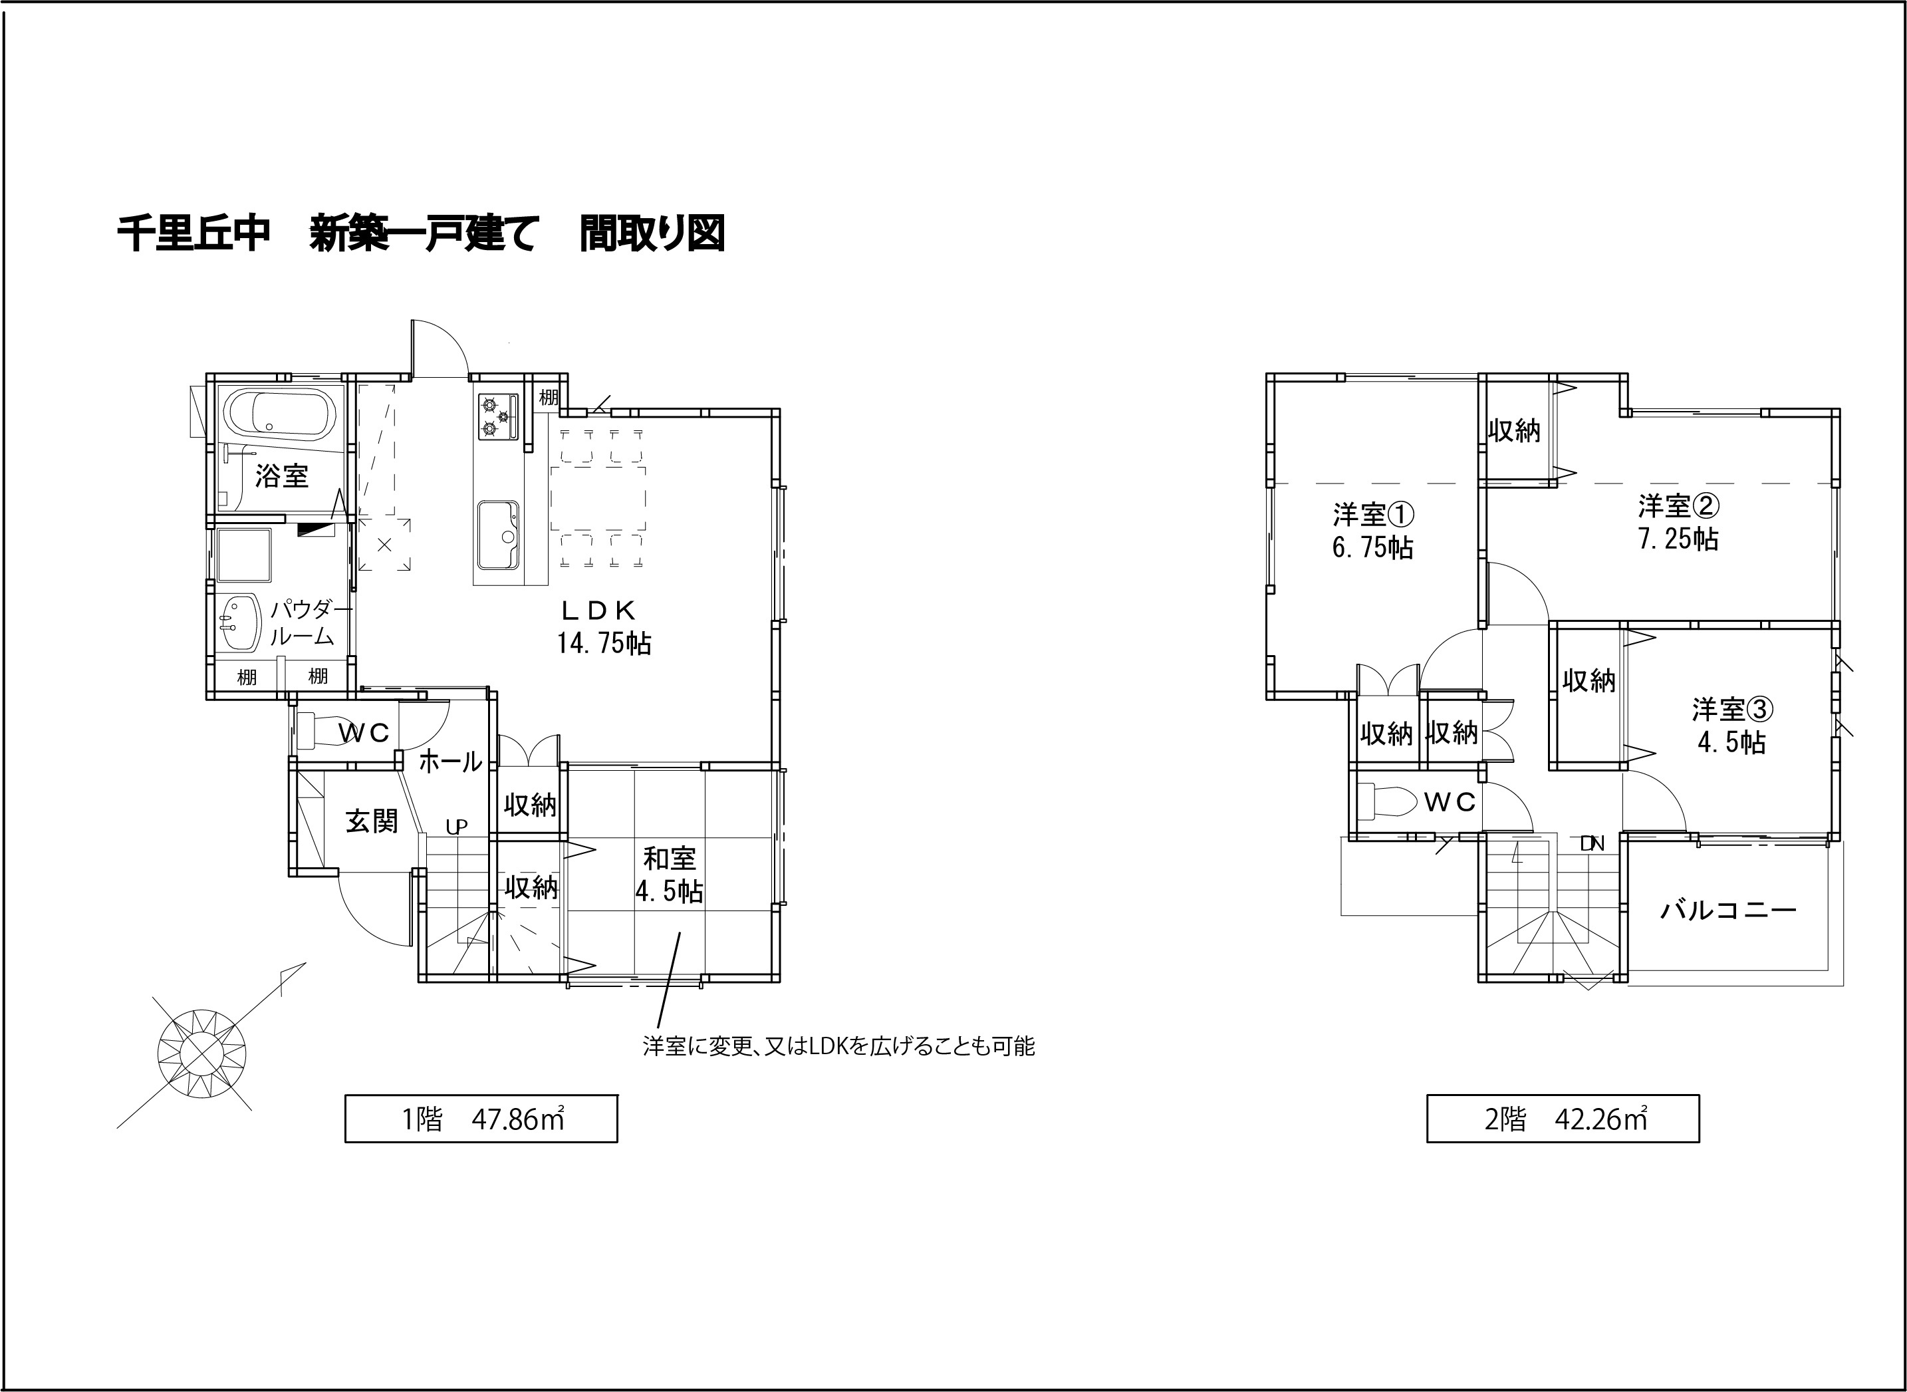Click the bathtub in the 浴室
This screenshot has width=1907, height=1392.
[x=281, y=414]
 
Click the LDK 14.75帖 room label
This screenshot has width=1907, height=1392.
[x=602, y=628]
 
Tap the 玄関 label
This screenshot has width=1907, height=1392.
[x=372, y=821]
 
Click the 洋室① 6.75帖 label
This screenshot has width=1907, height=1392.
[x=1372, y=531]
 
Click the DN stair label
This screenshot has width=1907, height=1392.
[x=1592, y=843]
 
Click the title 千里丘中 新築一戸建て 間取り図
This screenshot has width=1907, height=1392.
[x=421, y=234]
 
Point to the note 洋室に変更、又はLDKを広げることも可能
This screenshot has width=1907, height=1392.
[x=838, y=1047]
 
